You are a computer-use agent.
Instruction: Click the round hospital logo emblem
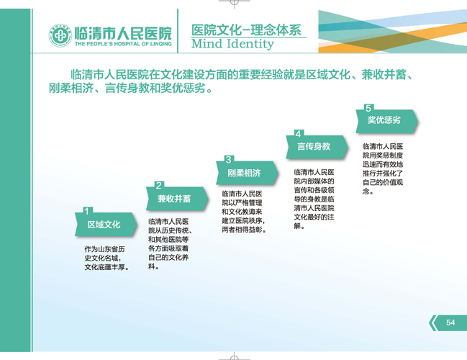point(60,36)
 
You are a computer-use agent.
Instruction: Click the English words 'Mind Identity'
point(232,44)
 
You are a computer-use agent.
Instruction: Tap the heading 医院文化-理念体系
point(246,30)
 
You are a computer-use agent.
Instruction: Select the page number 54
point(450,323)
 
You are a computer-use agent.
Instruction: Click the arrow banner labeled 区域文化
point(106,225)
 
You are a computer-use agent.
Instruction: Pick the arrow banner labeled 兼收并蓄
point(177,199)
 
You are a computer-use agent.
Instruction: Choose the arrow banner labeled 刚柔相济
point(247,173)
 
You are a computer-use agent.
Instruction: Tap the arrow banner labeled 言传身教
point(317,147)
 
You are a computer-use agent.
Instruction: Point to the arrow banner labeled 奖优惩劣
point(386,121)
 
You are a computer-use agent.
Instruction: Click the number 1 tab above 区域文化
point(87,211)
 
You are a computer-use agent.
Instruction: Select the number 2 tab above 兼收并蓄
point(159,185)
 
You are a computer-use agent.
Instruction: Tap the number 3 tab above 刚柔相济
point(229,160)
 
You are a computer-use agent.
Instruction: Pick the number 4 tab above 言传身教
point(299,134)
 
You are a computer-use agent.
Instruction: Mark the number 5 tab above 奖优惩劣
point(368,108)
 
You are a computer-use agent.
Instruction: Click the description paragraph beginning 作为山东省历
point(107,258)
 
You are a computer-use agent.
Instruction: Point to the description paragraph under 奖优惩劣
point(383,168)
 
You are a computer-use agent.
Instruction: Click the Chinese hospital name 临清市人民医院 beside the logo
point(123,33)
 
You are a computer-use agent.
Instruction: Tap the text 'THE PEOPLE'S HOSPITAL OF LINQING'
point(123,44)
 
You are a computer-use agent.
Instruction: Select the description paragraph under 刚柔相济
point(244,212)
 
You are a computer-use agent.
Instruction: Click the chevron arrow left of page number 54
point(433,323)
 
